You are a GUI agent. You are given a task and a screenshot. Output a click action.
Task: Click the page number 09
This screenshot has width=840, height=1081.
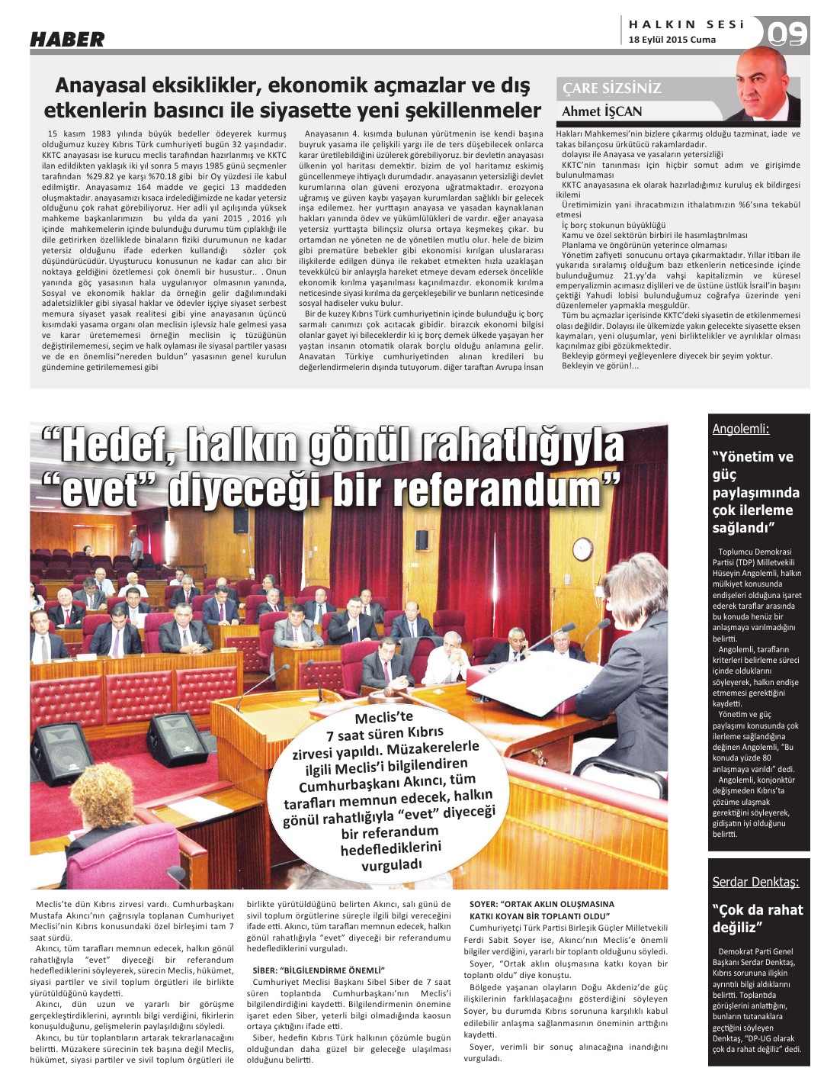tap(787, 34)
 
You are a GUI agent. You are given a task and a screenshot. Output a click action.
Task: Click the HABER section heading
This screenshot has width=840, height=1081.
tap(67, 39)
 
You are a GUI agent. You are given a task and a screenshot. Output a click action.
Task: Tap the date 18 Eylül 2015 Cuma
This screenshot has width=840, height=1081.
tap(672, 40)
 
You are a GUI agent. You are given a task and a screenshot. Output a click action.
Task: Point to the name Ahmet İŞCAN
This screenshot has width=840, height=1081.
tap(601, 111)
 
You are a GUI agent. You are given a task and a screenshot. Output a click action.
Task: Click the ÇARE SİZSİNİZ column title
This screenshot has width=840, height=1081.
tap(611, 88)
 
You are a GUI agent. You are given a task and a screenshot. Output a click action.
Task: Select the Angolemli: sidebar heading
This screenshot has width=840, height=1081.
tap(740, 429)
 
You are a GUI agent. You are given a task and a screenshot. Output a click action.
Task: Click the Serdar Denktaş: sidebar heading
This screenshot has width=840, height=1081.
tap(755, 882)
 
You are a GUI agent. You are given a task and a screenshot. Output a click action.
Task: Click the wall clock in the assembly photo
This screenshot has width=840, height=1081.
tap(583, 548)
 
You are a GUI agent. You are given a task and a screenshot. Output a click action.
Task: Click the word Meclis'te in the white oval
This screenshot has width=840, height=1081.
tap(383, 718)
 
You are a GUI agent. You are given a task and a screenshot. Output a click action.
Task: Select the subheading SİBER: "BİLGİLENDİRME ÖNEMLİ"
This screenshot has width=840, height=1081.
tap(319, 970)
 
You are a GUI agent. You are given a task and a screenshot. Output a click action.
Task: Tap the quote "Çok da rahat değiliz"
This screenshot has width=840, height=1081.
tap(757, 919)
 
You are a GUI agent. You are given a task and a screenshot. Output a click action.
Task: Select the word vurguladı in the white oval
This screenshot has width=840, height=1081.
tap(391, 865)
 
